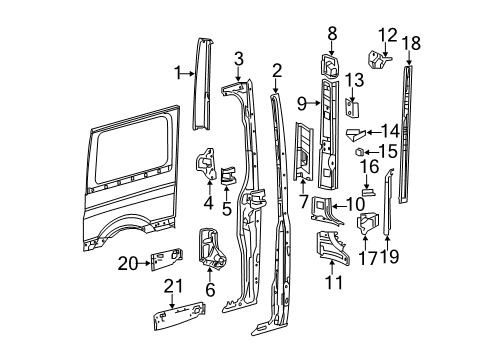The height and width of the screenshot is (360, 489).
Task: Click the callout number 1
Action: pos(178,72)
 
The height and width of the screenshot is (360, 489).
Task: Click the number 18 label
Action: pos(409,42)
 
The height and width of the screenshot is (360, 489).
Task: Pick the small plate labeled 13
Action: pos(352,108)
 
